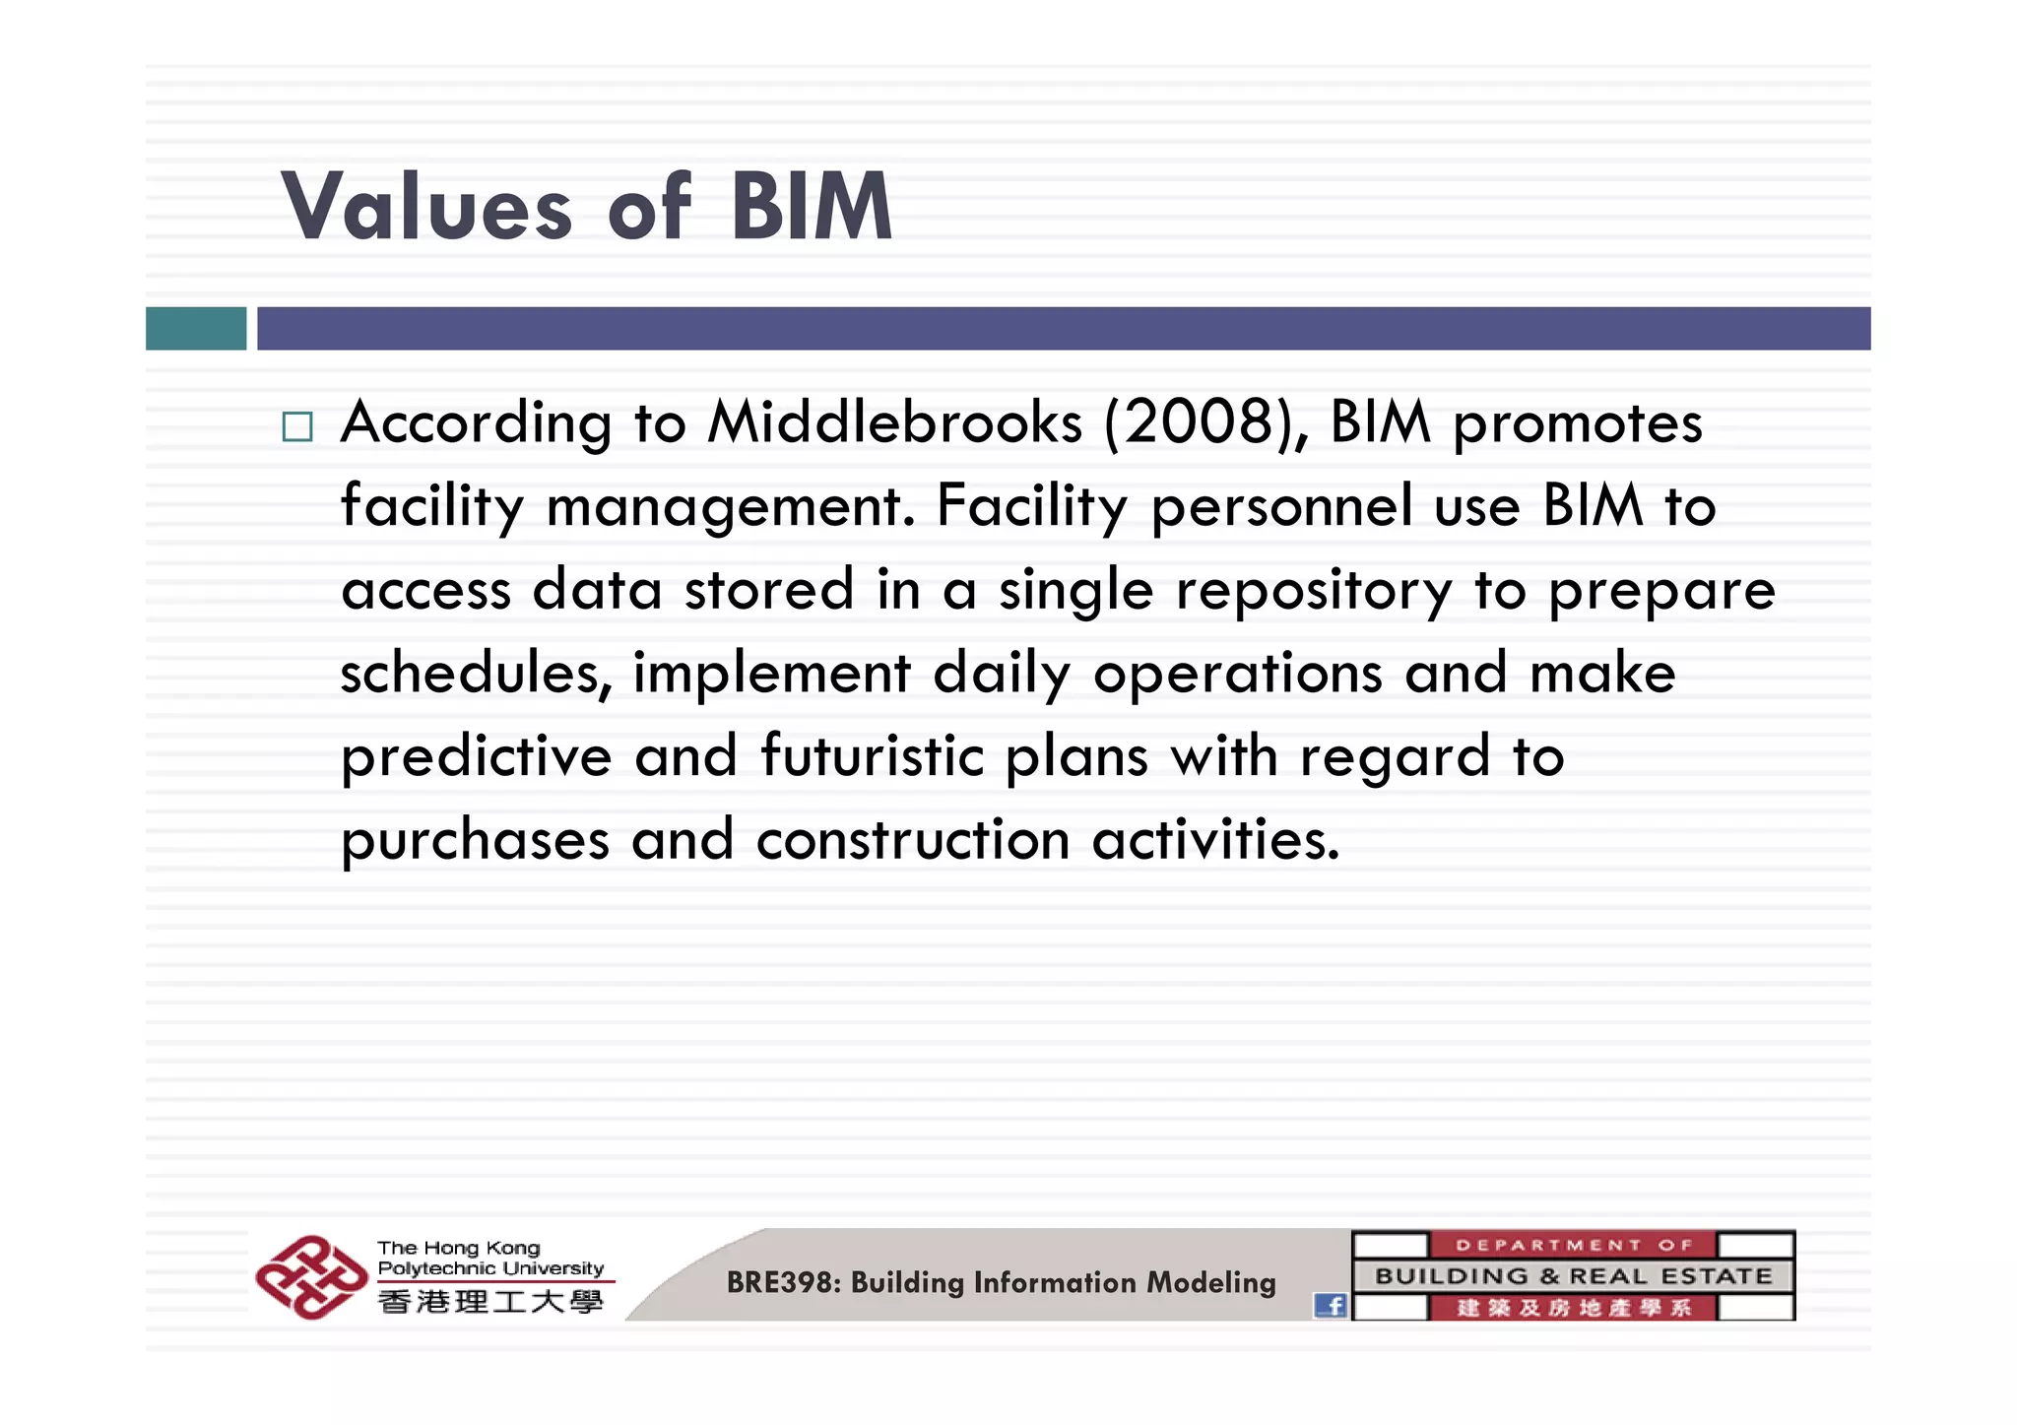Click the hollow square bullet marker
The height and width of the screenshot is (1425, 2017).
pyautogui.click(x=296, y=426)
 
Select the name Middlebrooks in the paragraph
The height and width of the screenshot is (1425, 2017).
pyautogui.click(x=894, y=423)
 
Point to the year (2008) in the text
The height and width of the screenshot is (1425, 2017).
pyautogui.click(x=1206, y=423)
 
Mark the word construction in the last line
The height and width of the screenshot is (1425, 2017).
pyautogui.click(x=913, y=841)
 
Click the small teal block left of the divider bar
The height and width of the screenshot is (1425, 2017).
pyautogui.click(x=196, y=328)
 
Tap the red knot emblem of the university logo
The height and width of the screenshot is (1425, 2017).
pyautogui.click(x=310, y=1277)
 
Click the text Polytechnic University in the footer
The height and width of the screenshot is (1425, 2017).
pyautogui.click(x=490, y=1268)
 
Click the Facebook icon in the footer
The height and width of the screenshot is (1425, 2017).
pyautogui.click(x=1331, y=1306)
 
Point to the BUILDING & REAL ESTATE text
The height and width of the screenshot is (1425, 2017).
pyautogui.click(x=1573, y=1276)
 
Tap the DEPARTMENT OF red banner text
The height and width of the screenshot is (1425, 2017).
pyautogui.click(x=1573, y=1245)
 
